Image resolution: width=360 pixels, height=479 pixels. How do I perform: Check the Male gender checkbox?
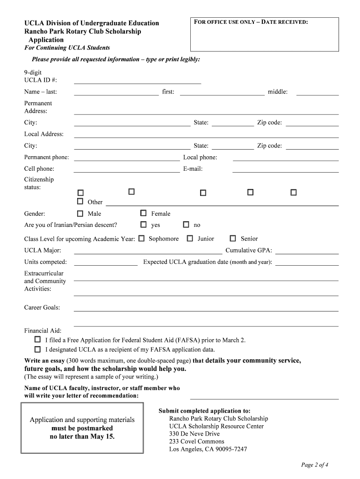click(x=80, y=213)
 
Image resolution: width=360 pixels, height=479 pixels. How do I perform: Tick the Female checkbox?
click(x=144, y=213)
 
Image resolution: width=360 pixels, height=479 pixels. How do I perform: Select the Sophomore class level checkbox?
click(x=141, y=238)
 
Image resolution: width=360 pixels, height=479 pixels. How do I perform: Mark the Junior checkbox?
click(x=190, y=238)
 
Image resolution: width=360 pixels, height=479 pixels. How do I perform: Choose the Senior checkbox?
click(x=233, y=238)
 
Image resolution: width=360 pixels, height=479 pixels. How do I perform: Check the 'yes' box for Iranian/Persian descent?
click(x=144, y=225)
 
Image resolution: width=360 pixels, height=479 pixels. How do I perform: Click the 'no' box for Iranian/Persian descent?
click(x=186, y=225)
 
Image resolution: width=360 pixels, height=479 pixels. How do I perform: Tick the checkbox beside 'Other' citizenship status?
click(x=80, y=202)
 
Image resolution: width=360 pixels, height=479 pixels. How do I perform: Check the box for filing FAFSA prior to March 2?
click(x=37, y=340)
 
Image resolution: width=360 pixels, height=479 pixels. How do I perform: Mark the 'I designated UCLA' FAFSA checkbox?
click(x=37, y=349)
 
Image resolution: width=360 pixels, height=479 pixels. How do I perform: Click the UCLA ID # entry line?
click(x=137, y=81)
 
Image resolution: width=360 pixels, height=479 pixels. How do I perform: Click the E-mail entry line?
click(x=285, y=170)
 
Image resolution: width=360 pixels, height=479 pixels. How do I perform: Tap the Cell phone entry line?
click(x=126, y=170)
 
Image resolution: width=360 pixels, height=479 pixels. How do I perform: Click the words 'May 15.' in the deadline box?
click(x=104, y=436)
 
